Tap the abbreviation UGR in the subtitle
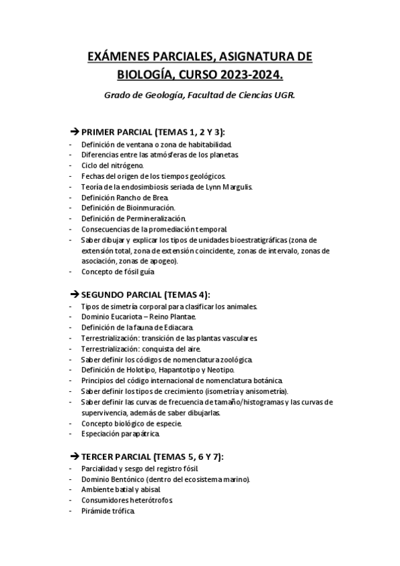point(283,95)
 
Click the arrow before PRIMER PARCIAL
point(74,131)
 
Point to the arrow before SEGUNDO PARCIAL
point(74,294)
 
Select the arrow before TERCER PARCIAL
point(74,457)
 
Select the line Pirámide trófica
point(108,511)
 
